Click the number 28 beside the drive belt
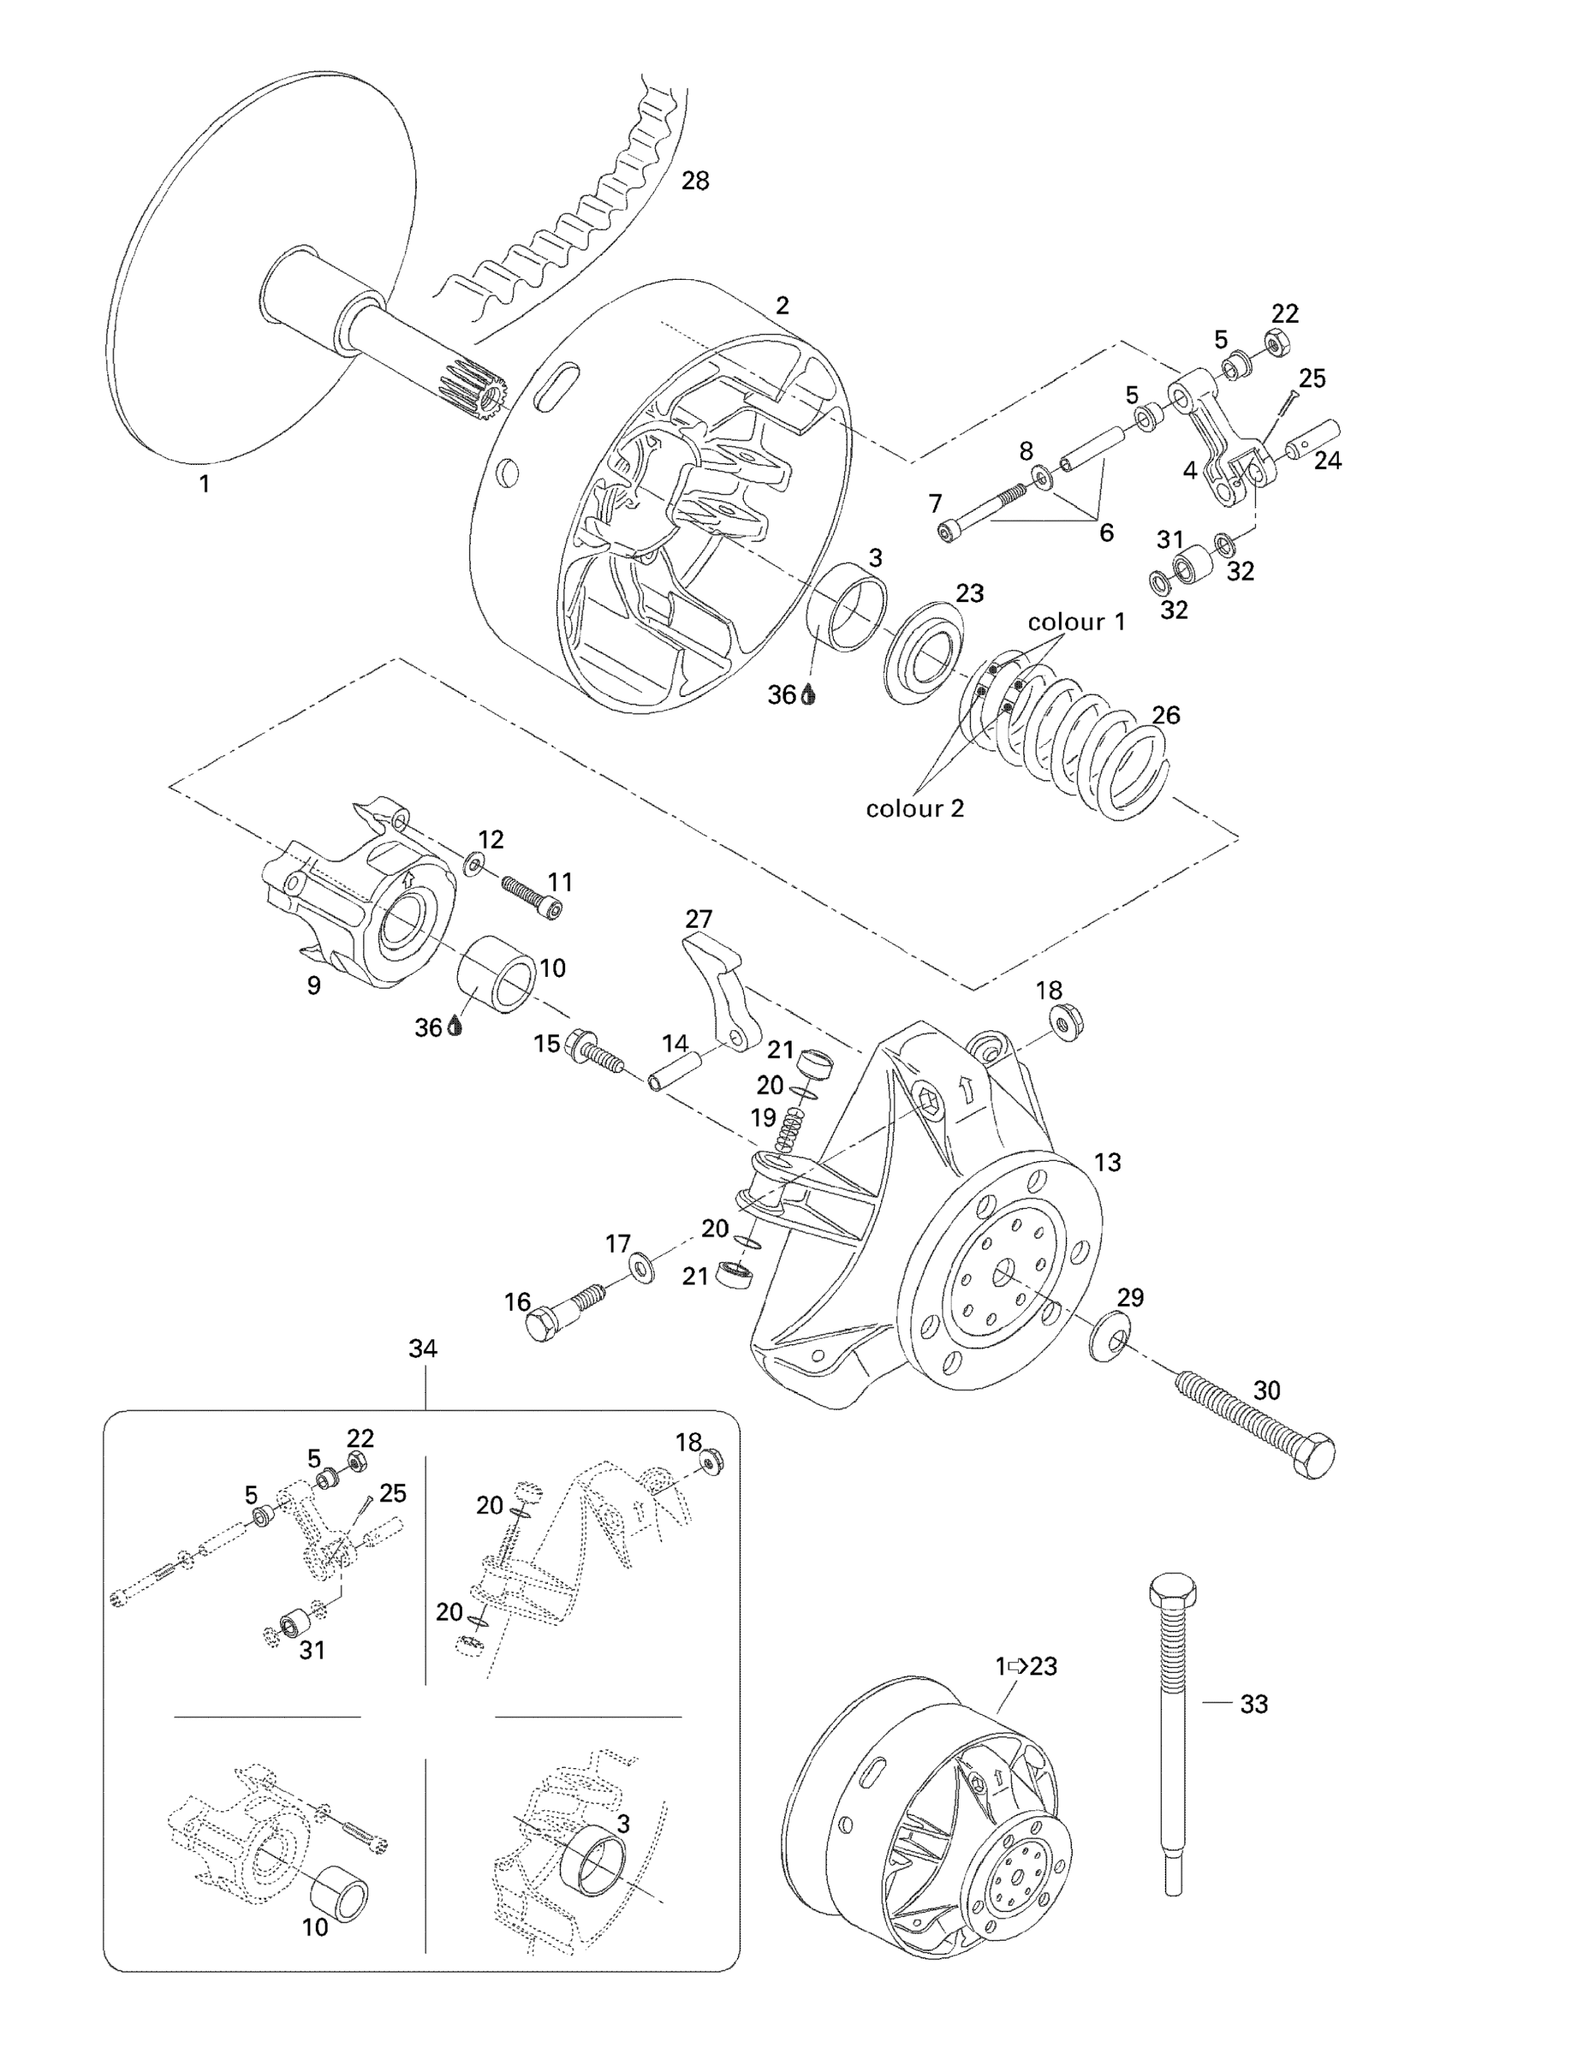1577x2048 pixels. (695, 181)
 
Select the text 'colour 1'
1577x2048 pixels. (1075, 622)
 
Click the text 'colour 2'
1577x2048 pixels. (914, 808)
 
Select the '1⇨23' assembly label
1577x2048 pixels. (1026, 1666)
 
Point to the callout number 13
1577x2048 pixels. (1108, 1163)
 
